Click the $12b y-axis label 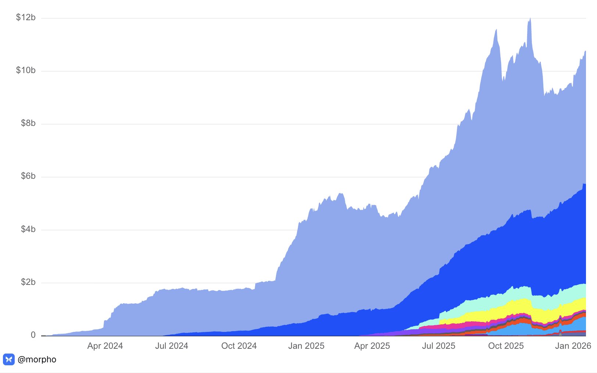26,17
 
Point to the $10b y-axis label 26,70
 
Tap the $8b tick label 28,123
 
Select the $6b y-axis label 28,176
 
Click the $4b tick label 28,229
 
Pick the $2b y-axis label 28,282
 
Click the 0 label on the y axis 33,335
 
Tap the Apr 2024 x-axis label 105,346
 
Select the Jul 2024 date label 172,346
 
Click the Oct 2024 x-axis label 239,346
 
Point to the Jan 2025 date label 306,346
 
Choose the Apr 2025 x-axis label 372,346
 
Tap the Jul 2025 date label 439,346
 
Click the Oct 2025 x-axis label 506,346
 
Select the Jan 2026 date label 573,346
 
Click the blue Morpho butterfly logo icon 9,359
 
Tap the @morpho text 37,359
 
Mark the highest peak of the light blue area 530,19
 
